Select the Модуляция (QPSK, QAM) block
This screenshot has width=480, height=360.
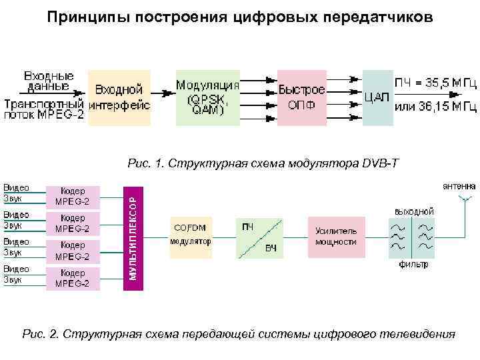coord(207,97)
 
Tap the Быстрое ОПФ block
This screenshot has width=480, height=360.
coord(301,97)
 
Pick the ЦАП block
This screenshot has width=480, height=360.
coord(377,97)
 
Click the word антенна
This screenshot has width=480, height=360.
coord(459,185)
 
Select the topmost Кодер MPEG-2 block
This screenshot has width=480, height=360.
coord(72,196)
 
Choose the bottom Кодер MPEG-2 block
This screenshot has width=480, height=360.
coord(72,279)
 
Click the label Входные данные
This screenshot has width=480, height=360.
coord(49,80)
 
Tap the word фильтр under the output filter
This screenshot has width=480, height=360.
coord(413,265)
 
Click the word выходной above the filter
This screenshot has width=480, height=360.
coord(414,211)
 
